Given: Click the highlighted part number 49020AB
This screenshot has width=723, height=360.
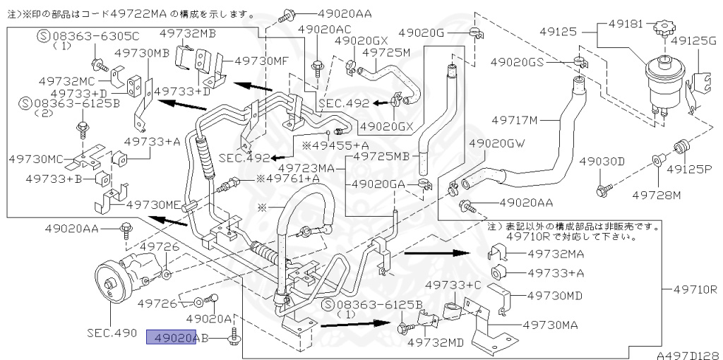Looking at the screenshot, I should click(x=177, y=338).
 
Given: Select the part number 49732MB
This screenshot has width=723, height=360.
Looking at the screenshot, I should click(x=188, y=32).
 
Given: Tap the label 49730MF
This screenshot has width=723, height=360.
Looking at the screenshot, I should click(x=261, y=61).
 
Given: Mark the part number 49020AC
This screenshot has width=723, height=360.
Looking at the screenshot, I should click(x=324, y=30).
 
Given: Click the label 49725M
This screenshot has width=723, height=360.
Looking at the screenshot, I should click(x=386, y=52).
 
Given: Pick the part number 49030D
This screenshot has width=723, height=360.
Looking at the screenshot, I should click(x=602, y=162).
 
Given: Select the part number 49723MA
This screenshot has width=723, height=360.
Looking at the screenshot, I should click(x=306, y=169).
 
